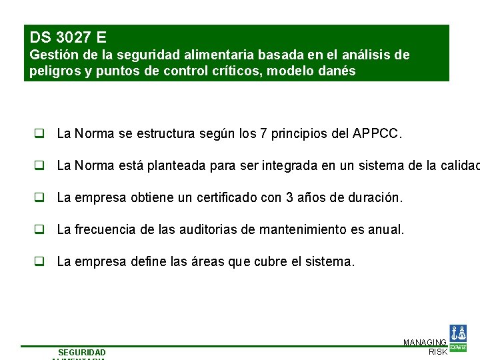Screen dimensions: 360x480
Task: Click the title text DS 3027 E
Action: (68, 37)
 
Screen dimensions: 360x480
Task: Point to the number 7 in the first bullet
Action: (264, 133)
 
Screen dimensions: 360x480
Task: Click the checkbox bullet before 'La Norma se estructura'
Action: (40, 133)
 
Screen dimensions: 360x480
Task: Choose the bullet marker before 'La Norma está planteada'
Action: (40, 165)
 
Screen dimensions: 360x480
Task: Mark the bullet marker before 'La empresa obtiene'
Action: (40, 197)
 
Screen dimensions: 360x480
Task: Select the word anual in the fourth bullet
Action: (386, 229)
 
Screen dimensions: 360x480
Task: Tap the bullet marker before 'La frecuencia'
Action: (40, 229)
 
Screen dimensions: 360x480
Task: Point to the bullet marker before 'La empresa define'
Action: (40, 261)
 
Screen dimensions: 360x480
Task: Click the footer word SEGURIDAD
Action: (81, 352)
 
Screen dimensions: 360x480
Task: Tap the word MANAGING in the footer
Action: (425, 342)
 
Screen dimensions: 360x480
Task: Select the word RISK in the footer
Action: (437, 351)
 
